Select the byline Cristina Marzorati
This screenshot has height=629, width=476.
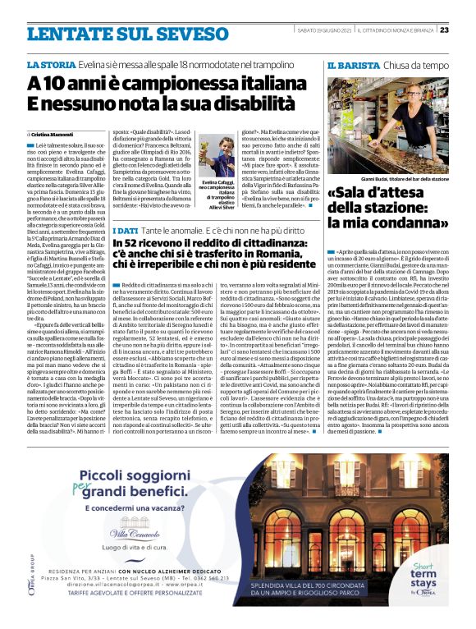click(54, 133)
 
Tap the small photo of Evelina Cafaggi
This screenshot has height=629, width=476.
click(219, 157)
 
